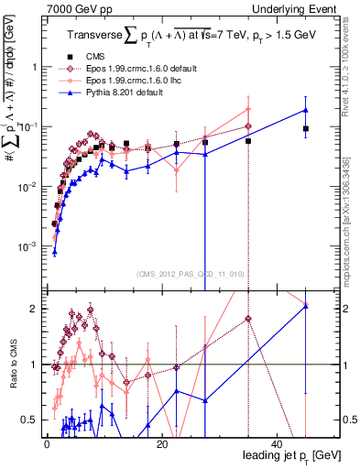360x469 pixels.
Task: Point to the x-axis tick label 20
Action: click(161, 443)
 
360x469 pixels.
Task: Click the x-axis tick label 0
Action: click(45, 443)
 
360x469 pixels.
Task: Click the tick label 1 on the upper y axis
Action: click(33, 68)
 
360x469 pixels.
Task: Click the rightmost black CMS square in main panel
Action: click(306, 129)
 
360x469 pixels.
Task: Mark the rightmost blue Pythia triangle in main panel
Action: click(306, 110)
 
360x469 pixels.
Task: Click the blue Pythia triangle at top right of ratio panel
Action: click(306, 306)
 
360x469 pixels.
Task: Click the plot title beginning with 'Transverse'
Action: click(191, 37)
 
